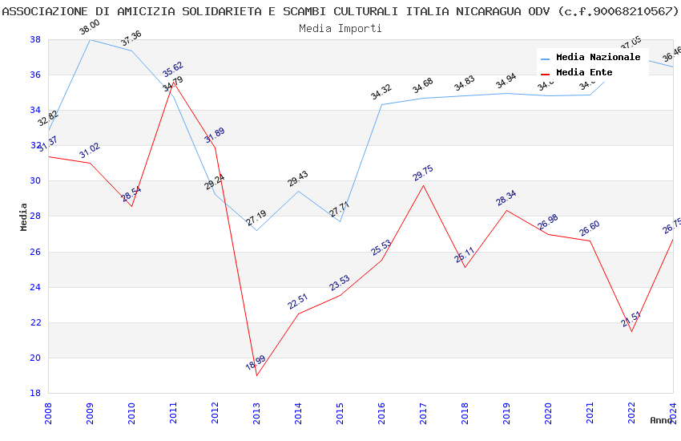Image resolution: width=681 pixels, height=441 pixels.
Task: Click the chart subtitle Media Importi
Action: pos(340,28)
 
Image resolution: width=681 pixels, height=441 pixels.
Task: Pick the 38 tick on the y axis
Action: pos(35,39)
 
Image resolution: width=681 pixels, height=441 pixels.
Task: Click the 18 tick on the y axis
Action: pos(35,393)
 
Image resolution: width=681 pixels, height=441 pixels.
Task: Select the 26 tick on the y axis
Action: pos(35,252)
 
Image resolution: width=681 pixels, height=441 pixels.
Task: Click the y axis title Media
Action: pos(24,216)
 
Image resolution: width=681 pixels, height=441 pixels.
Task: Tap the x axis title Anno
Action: pos(661,420)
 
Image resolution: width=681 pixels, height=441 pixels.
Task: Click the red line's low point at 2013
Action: pos(256,375)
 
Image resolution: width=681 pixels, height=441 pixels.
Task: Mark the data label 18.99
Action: pos(256,362)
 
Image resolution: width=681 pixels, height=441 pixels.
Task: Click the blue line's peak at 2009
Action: pos(90,39)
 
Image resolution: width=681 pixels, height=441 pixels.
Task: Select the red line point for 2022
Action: pos(631,331)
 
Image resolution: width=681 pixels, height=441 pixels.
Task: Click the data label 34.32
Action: pos(381,92)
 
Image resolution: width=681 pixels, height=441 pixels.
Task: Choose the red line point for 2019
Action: pos(506,210)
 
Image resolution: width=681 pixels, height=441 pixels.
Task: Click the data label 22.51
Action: pos(298,301)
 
